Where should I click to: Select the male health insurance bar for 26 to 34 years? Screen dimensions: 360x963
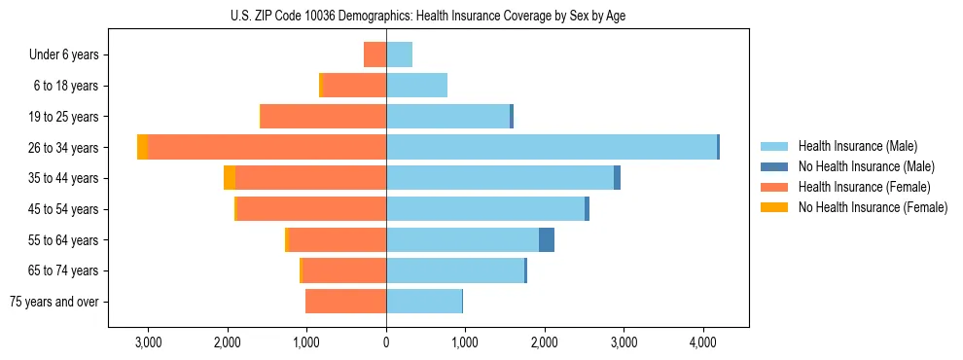tap(552, 147)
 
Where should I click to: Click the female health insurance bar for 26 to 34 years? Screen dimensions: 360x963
tap(267, 147)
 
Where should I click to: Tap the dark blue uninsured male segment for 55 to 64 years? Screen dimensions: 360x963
tap(547, 239)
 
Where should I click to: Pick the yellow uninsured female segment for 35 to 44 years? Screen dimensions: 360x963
tap(230, 178)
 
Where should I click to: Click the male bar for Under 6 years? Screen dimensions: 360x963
tap(399, 54)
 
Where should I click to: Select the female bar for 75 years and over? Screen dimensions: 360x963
tap(345, 302)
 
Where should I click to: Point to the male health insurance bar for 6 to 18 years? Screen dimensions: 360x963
tap(416, 86)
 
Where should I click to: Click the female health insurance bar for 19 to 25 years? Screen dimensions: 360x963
tap(323, 117)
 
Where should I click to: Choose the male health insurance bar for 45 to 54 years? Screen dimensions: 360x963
tap(485, 209)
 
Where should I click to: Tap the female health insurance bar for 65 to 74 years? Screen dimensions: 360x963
tap(344, 270)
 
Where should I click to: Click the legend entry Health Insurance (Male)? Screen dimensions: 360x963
tap(857, 146)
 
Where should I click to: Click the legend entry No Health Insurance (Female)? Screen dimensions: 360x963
tap(873, 207)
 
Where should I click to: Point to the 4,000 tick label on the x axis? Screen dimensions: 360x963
tap(703, 342)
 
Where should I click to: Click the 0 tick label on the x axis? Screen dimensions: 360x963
tap(386, 342)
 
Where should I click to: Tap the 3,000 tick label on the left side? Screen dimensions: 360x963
tap(149, 342)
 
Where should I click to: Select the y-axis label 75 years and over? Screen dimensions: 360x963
tap(53, 302)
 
